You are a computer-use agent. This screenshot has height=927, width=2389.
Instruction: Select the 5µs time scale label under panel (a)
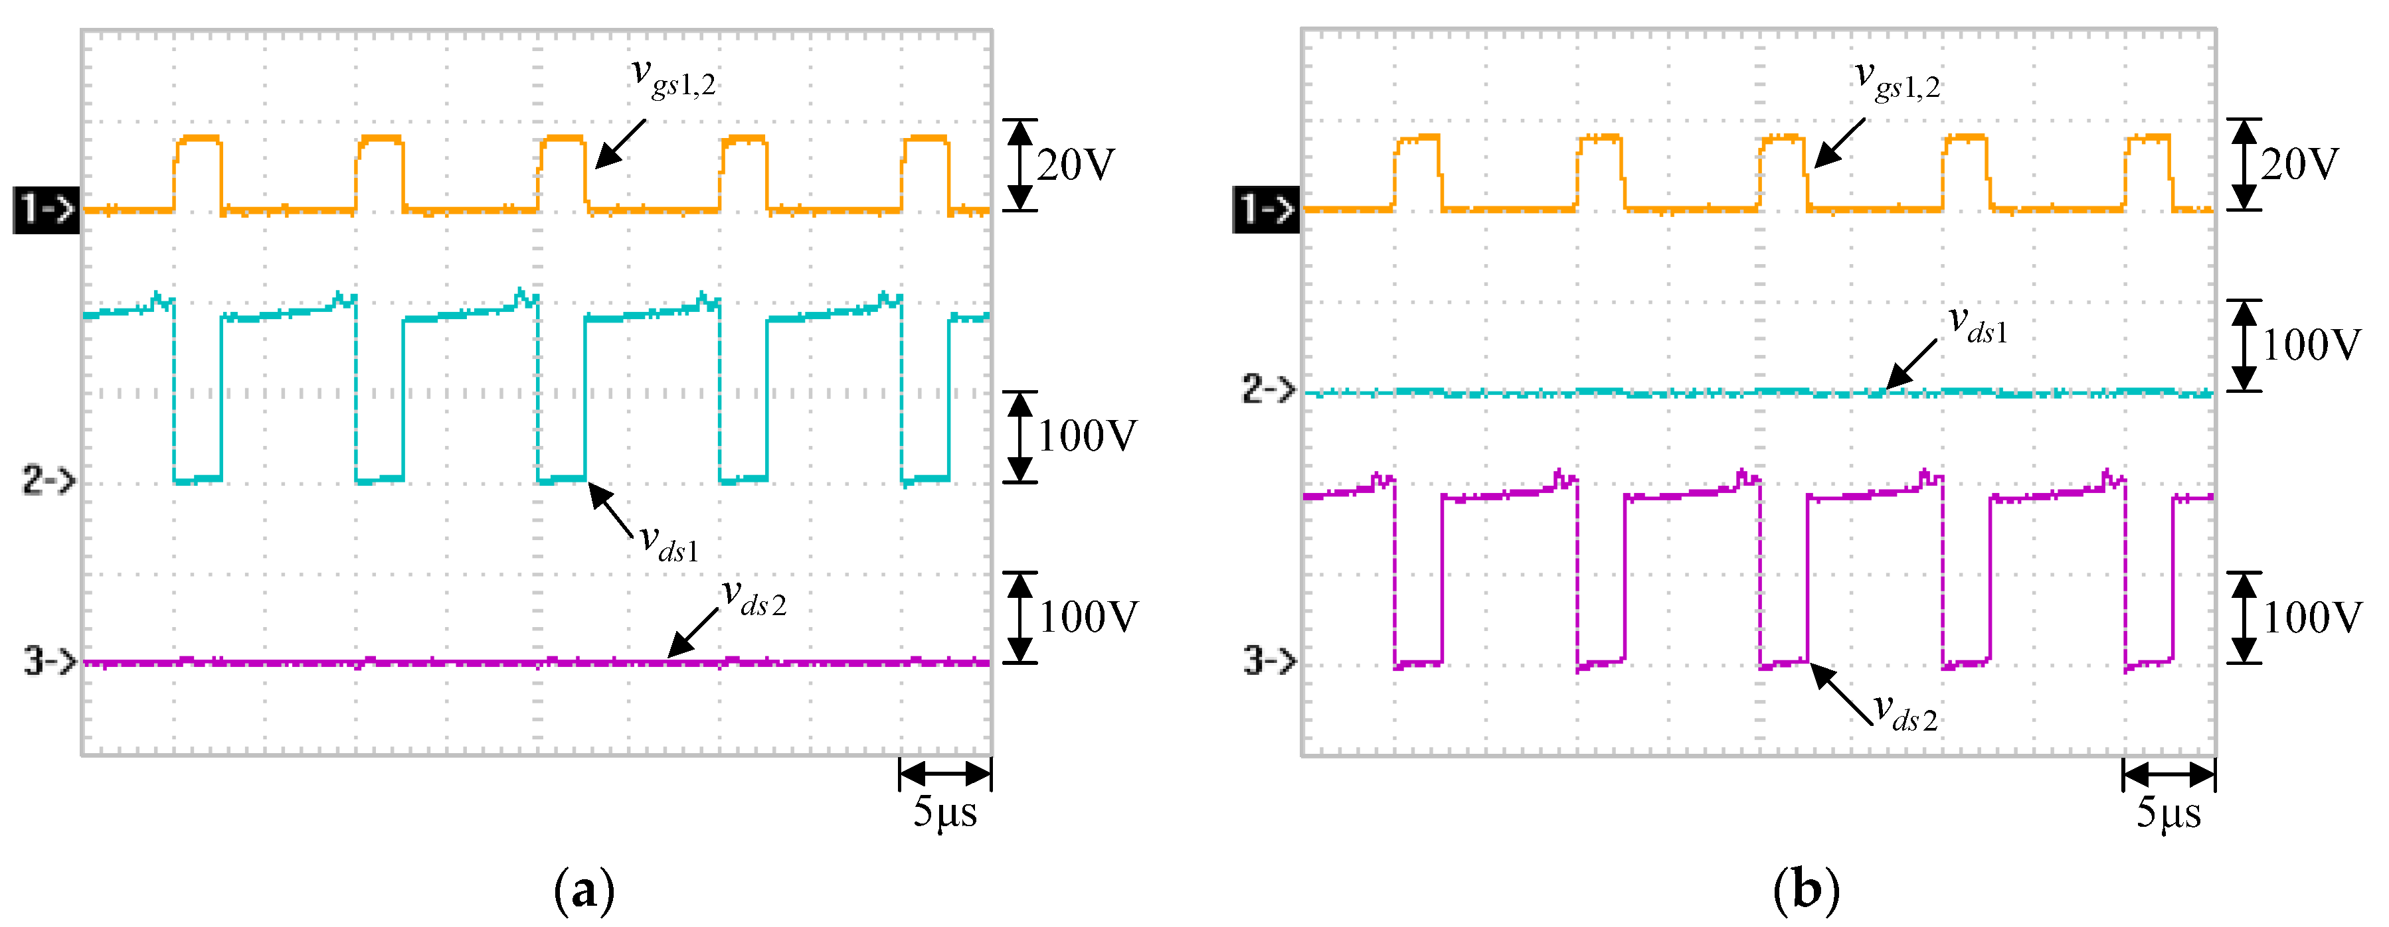pos(945,812)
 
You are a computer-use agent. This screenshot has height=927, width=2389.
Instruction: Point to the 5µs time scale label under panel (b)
pos(2168,812)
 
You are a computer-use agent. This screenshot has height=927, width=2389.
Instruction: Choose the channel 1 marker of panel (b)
pos(1267,210)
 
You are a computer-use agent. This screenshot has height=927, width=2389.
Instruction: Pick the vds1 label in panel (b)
pos(1977,324)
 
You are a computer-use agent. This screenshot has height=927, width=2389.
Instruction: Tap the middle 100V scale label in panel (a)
pos(1087,437)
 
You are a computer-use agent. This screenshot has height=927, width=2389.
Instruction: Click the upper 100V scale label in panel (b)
pos(2311,346)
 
